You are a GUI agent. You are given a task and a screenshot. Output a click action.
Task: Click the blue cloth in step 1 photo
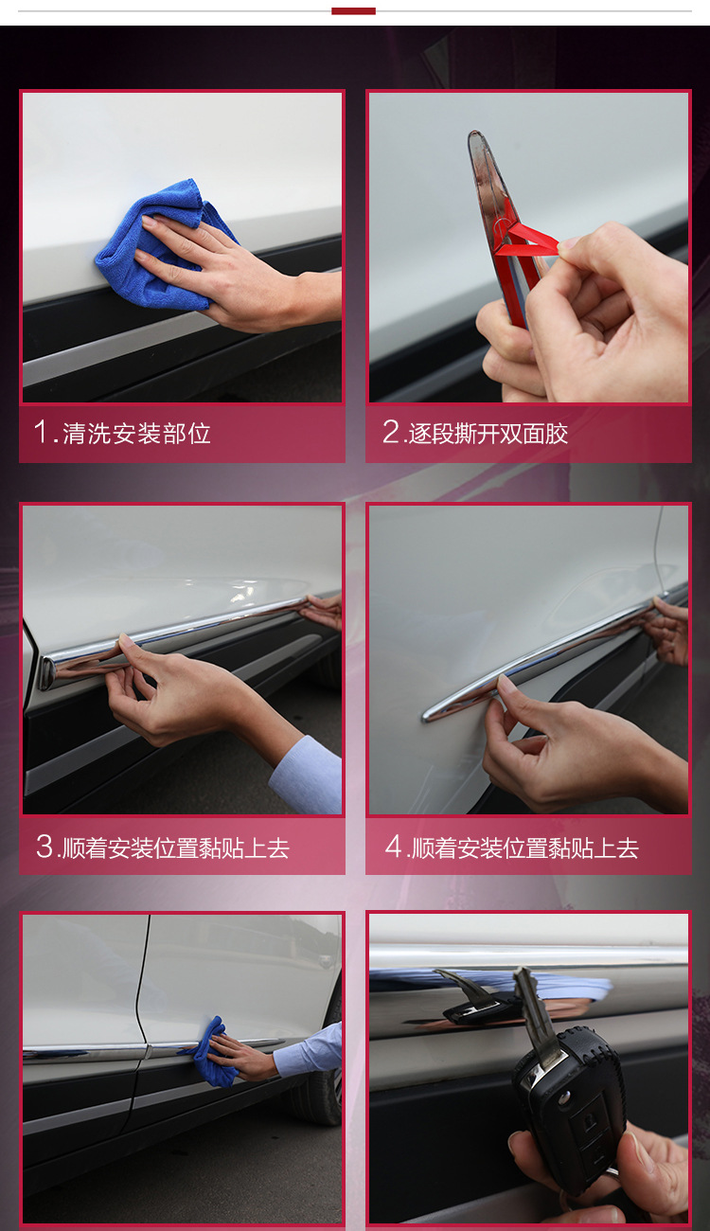(159, 244)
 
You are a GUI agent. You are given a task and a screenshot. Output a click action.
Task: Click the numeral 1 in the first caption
(42, 432)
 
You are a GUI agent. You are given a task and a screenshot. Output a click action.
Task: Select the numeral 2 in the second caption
(391, 432)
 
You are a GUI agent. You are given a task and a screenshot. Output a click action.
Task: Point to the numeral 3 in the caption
(44, 847)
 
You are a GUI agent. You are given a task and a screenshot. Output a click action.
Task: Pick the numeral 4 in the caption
(394, 847)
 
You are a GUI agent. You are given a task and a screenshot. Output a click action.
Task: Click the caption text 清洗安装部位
(137, 433)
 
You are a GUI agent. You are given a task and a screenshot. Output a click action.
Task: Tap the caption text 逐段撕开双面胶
(488, 433)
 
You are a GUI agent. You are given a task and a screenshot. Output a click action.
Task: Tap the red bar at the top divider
(353, 11)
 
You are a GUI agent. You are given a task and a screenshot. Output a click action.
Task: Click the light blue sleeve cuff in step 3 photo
(306, 775)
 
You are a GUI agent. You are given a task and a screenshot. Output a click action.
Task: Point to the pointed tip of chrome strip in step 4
(425, 716)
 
